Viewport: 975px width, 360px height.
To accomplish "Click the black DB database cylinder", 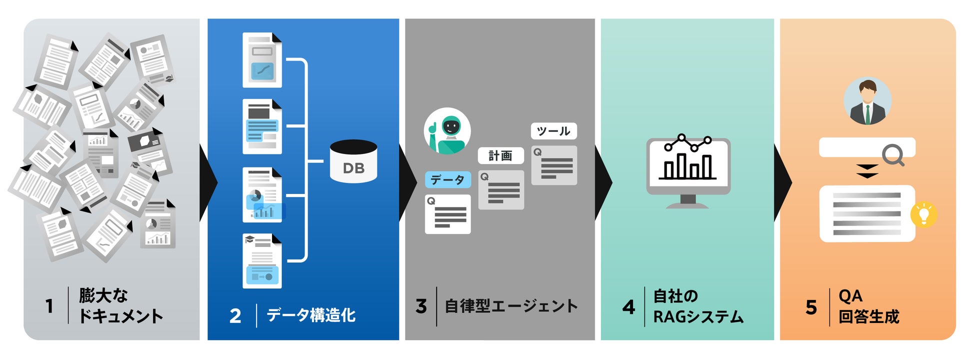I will point(353,161).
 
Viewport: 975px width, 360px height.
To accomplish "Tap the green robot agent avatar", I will point(447,131).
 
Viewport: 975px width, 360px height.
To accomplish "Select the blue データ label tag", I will point(447,179).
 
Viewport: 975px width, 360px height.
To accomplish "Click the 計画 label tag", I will point(500,155).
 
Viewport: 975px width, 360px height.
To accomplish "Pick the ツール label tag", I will point(553,131).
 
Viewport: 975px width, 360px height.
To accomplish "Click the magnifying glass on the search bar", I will point(893,154).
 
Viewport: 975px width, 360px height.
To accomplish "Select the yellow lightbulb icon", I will point(923,215).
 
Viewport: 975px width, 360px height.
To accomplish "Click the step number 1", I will point(49,306).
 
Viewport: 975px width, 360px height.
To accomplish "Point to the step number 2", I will point(235,316).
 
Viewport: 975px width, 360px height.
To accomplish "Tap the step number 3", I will point(421,306).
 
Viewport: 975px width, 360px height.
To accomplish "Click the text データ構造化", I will point(311,315).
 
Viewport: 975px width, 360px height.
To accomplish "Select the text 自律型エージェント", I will point(511,306).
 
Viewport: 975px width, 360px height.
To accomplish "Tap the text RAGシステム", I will point(698,316).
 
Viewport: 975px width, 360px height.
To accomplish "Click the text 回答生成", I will point(868,316).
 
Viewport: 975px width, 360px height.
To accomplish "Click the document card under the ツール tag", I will point(554,165).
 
